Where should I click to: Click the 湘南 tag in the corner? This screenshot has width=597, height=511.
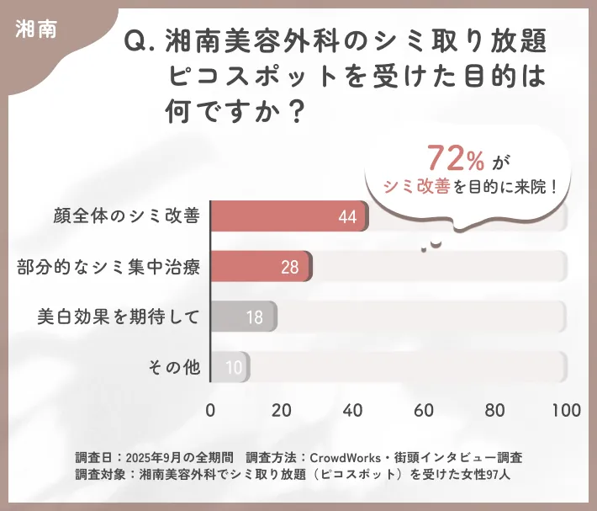36,29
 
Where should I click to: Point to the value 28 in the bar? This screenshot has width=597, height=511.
290,268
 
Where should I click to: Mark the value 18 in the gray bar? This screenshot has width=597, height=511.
254,318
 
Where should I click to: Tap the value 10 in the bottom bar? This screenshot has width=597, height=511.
234,368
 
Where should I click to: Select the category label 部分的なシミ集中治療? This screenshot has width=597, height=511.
108,267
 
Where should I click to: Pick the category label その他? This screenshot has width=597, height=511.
174,367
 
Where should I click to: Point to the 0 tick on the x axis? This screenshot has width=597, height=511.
210,410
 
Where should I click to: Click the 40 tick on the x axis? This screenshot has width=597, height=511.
353,410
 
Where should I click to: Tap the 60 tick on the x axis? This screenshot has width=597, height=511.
425,410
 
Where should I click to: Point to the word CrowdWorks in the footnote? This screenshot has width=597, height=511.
344,457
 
